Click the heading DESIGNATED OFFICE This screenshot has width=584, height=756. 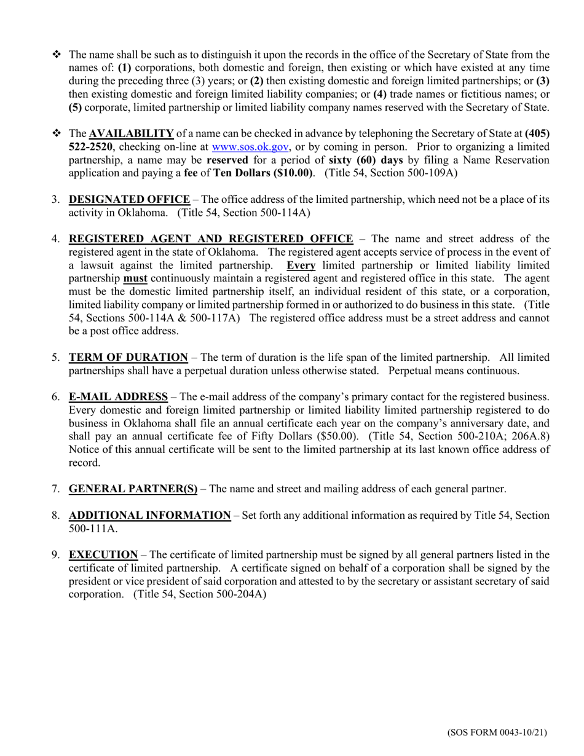(x=129, y=199)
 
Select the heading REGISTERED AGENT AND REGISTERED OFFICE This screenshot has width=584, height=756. (x=211, y=239)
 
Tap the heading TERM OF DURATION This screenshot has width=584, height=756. (x=128, y=357)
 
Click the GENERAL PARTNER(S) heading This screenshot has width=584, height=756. (x=133, y=489)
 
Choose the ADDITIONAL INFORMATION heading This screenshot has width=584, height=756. (x=149, y=515)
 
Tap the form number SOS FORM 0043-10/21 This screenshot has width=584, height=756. (x=497, y=732)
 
